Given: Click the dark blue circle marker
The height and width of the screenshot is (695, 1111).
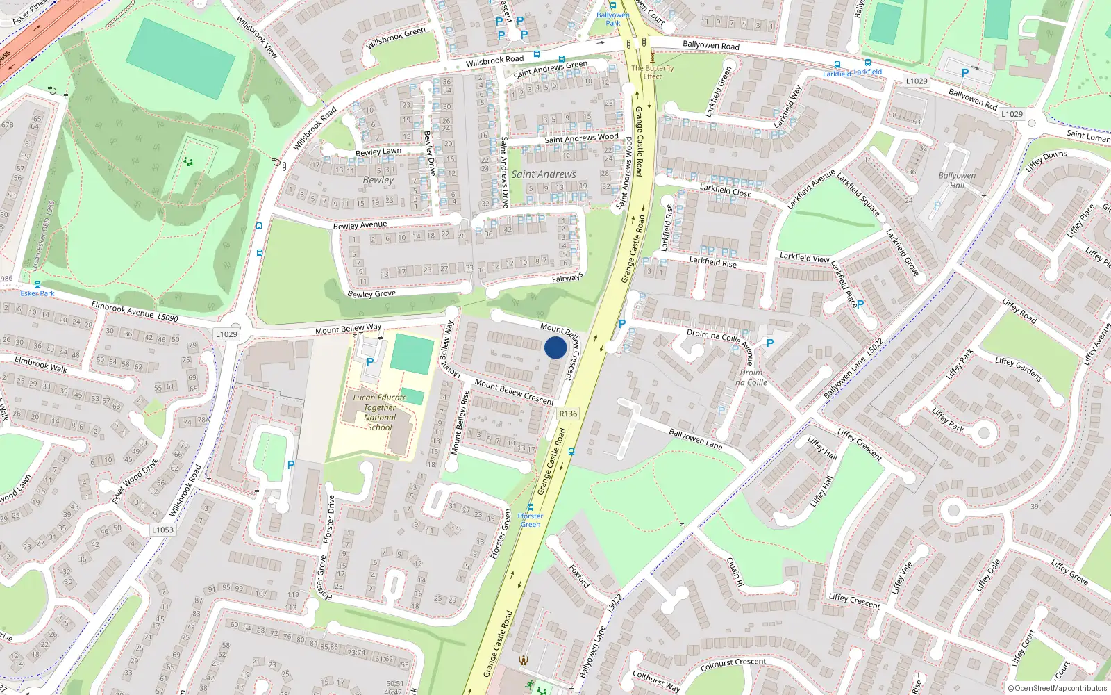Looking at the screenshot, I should (x=555, y=347).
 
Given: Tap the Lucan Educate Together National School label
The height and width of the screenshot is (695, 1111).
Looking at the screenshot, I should (x=380, y=413).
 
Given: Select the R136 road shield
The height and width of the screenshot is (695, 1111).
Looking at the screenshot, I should (x=568, y=414).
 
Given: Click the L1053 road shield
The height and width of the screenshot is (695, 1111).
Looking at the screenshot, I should (x=162, y=530).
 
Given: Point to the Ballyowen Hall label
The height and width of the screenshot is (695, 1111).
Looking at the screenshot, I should (x=957, y=180).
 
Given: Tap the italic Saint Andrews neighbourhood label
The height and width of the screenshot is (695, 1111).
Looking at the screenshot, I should (x=544, y=174).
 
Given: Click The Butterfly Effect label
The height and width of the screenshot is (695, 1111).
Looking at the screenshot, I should (x=652, y=72).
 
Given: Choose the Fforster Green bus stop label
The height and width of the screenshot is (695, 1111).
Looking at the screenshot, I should (x=531, y=520).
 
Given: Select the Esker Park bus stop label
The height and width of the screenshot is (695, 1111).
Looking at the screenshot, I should (x=37, y=293).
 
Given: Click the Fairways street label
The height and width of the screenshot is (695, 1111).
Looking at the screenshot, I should (x=567, y=278).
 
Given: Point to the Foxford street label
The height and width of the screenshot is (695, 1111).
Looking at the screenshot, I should (x=579, y=575).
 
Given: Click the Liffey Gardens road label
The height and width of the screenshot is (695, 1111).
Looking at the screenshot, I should (x=1018, y=369).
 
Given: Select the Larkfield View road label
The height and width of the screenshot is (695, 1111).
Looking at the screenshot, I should (x=804, y=257).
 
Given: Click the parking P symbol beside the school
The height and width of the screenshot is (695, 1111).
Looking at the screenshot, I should (x=370, y=362).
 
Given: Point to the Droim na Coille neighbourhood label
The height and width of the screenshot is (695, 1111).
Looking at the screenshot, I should (x=751, y=377).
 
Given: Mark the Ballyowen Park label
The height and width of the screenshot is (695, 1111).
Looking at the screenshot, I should (x=613, y=19).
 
